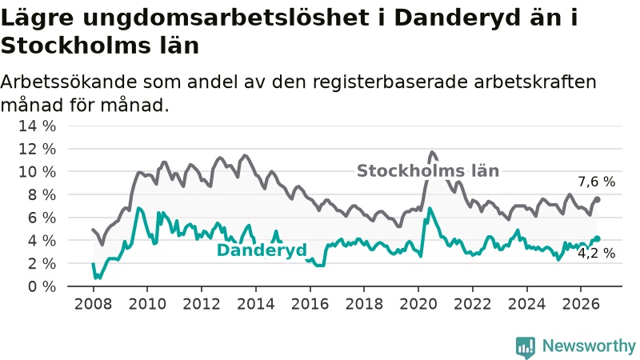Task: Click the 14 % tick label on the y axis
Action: pyautogui.click(x=37, y=126)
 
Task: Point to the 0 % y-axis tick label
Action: pyautogui.click(x=42, y=286)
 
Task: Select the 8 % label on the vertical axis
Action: pyautogui.click(x=42, y=194)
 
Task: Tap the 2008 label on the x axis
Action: pyautogui.click(x=93, y=304)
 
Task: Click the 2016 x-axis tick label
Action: pyautogui.click(x=310, y=304)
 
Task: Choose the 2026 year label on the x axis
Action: pyautogui.click(x=581, y=304)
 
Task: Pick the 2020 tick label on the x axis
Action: pyautogui.click(x=418, y=304)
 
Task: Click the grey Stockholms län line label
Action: pyautogui.click(x=428, y=171)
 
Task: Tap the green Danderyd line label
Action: pyautogui.click(x=262, y=250)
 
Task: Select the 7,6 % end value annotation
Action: pyautogui.click(x=596, y=182)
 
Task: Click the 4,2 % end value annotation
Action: pyautogui.click(x=596, y=254)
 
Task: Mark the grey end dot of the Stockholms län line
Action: pyautogui.click(x=597, y=199)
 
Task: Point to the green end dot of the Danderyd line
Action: pyautogui.click(x=597, y=238)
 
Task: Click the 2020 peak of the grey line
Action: pyautogui.click(x=432, y=153)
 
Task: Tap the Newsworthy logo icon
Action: pyautogui.click(x=526, y=347)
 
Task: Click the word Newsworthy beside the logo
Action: pyautogui.click(x=589, y=346)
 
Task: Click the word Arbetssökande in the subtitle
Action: pyautogui.click(x=69, y=82)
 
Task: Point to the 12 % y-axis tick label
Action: pyautogui.click(x=37, y=149)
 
